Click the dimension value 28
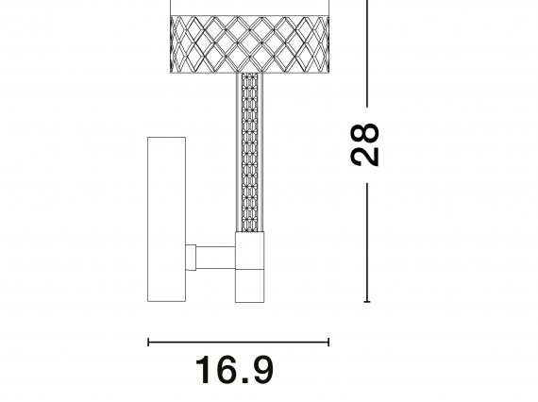coord(365,144)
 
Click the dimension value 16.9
coord(234,370)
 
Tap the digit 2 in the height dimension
coord(365,157)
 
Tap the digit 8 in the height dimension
coord(365,134)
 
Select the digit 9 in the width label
coord(262,370)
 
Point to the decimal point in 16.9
coord(245,380)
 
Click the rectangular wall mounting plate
coord(166,220)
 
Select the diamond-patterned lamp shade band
coord(250,44)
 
